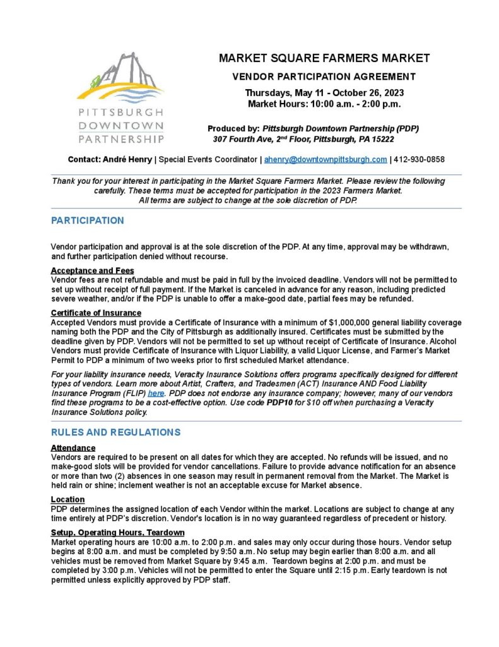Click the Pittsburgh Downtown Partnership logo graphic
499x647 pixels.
120,98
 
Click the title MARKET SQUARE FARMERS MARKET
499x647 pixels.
324,58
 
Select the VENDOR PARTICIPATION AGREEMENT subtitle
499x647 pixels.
324,77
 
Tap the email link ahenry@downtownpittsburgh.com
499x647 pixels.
326,160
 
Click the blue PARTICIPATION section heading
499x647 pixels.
88,221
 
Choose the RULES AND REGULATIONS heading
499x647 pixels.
115,432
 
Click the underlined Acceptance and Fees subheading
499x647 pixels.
92,270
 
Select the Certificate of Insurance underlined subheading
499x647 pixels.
96,313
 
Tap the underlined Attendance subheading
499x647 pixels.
73,448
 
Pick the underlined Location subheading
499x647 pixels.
68,499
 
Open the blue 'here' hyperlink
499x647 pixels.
155,393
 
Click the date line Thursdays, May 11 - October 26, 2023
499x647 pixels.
324,93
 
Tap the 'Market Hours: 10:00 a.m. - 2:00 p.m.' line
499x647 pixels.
324,104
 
